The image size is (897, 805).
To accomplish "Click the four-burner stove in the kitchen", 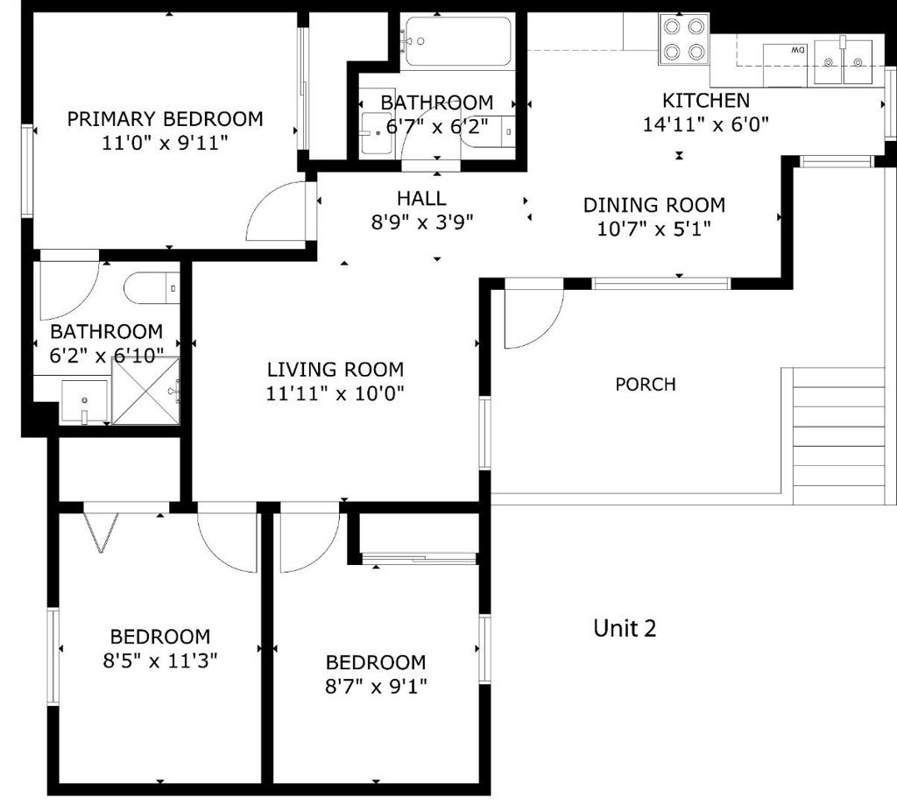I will coord(683,39).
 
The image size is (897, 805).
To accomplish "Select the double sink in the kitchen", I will coord(843,61).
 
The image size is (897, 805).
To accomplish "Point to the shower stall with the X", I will coord(146,391).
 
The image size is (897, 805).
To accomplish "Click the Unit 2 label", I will coord(625,628).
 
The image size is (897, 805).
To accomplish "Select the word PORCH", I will coord(646,385).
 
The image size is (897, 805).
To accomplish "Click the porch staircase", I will coord(838,435).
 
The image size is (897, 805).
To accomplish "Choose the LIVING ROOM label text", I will coord(335,370).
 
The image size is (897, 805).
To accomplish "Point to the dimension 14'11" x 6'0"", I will coord(705,124).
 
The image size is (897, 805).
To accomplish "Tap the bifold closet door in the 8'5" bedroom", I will coord(100,532).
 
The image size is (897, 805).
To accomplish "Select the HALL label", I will coord(421,199).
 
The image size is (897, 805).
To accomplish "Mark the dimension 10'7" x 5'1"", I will coord(654,229).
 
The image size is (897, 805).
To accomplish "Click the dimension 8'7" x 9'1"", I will coord(376,686).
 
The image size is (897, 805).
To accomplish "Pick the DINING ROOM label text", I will coord(654,206).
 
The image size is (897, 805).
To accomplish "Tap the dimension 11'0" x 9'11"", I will coord(165,143).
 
